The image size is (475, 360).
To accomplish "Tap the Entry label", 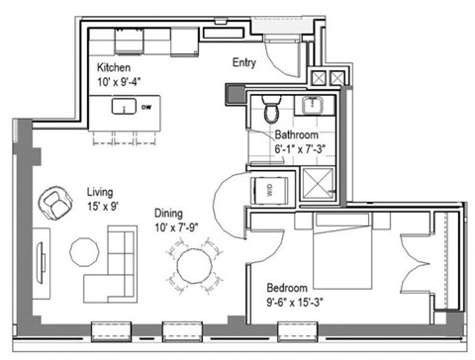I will coord(245,61).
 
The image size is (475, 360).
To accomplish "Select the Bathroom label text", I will coord(296,135).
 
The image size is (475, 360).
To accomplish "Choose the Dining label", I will coord(169,212).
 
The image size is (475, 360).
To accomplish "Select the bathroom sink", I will coord(319,106).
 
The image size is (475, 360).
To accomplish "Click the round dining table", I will coord(195,265).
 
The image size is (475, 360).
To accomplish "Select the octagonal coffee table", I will coord(83,251).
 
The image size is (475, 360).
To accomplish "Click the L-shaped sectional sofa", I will coord(115,265).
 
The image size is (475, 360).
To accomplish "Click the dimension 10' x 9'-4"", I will coord(116,83).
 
